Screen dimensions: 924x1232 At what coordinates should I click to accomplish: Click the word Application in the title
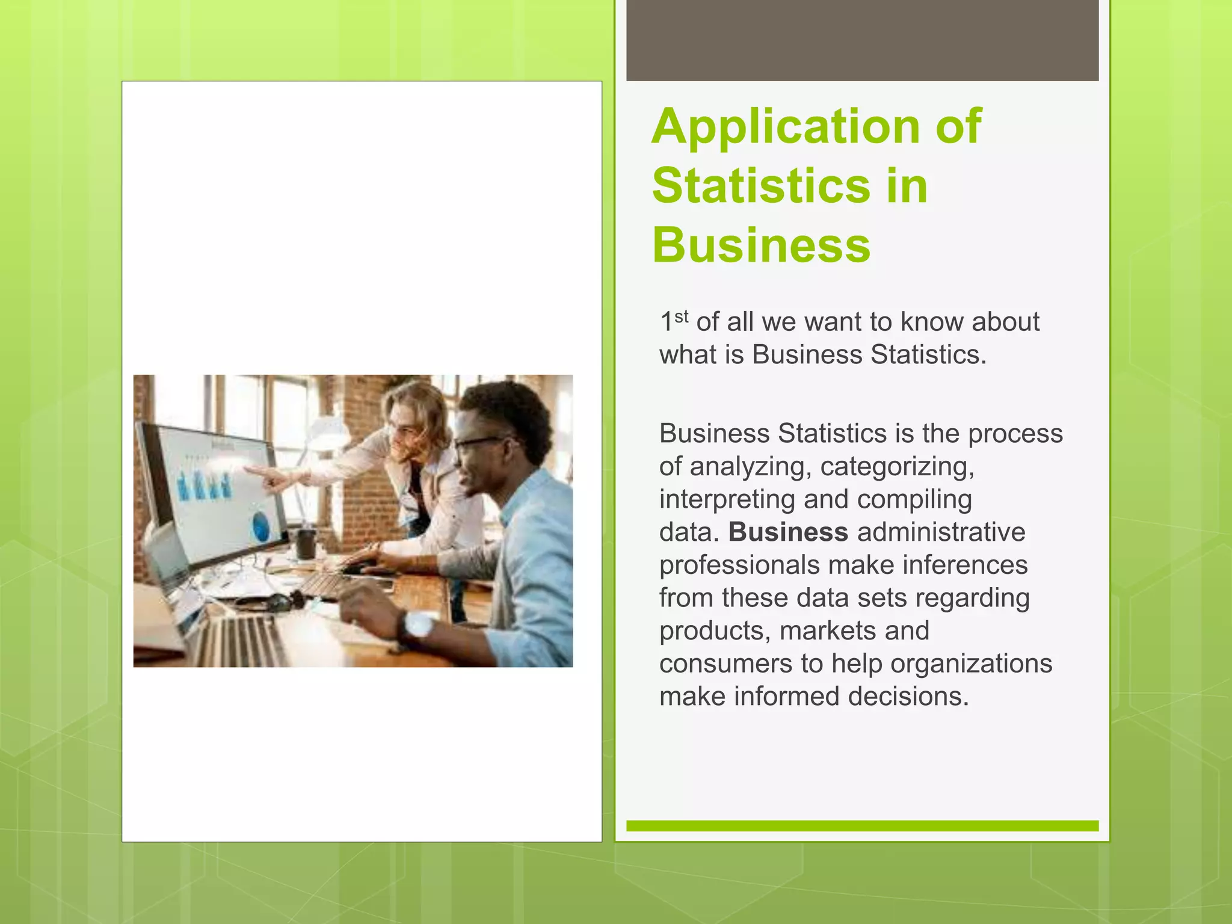click(x=786, y=126)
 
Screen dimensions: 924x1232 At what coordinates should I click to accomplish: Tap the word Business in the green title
click(x=761, y=245)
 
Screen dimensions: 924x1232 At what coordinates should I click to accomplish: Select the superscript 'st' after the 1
click(x=681, y=316)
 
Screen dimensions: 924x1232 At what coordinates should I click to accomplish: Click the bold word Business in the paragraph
click(x=788, y=532)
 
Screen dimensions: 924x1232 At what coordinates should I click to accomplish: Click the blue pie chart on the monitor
click(x=260, y=525)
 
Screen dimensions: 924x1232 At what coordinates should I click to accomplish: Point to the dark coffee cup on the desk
click(x=306, y=543)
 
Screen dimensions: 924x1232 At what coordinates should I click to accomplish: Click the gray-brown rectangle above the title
click(x=862, y=40)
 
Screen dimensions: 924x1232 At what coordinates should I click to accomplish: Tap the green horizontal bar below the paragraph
click(x=862, y=826)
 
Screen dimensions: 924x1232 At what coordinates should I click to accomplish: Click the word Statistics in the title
click(x=761, y=186)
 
